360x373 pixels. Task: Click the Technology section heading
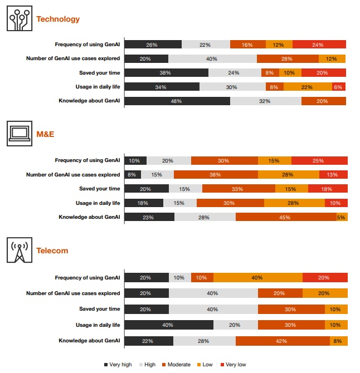point(58,19)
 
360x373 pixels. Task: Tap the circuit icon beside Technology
point(20,19)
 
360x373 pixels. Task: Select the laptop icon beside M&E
point(20,134)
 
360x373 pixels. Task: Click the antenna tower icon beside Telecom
point(20,250)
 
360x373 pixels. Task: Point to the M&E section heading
point(46,134)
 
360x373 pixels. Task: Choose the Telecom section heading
point(52,251)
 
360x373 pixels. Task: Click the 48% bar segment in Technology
point(177,101)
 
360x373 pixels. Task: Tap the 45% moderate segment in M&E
point(285,217)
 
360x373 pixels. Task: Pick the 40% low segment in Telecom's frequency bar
point(257,277)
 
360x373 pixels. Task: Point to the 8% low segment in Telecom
point(338,341)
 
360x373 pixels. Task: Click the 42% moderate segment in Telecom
point(282,341)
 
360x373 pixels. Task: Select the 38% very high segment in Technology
point(166,72)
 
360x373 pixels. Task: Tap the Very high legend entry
point(118,365)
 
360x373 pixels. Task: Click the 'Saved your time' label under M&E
point(99,189)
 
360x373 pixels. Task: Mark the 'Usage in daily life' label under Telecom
point(98,325)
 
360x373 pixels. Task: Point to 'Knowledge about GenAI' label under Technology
point(89,101)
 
